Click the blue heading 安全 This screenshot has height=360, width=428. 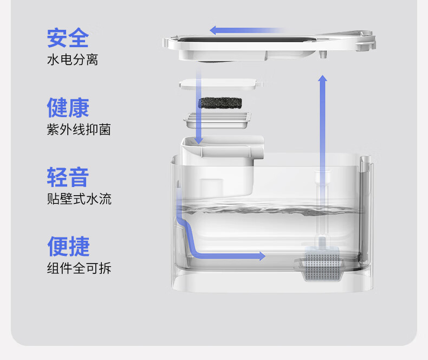(x=68, y=38)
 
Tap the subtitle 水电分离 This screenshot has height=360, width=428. (x=72, y=60)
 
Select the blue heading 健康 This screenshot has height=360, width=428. (x=68, y=107)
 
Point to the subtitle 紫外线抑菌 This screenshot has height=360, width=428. (x=79, y=130)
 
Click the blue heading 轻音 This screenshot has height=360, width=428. (x=68, y=177)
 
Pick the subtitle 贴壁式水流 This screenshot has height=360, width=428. (x=79, y=199)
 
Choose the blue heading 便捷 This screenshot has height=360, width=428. (x=68, y=246)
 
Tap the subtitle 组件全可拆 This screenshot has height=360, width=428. (x=79, y=268)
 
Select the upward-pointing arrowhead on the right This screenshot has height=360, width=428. (x=322, y=80)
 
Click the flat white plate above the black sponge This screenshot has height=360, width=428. (x=221, y=83)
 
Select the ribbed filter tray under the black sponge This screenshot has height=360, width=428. (x=219, y=120)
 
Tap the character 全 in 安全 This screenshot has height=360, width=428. (x=79, y=38)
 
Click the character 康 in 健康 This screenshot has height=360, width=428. (x=79, y=107)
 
